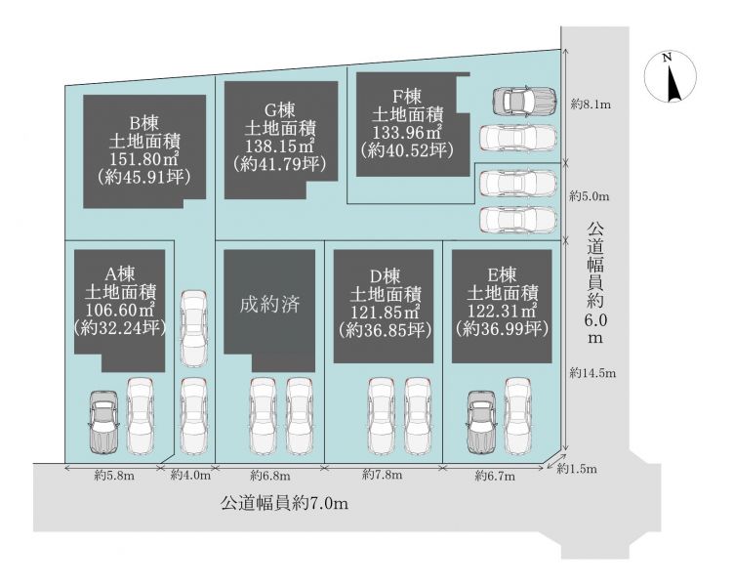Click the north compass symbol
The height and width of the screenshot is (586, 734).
(671, 76)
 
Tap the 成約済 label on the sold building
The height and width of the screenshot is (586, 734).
(269, 305)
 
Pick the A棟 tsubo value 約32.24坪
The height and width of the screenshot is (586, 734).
(120, 328)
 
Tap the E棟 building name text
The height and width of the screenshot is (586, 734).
(502, 274)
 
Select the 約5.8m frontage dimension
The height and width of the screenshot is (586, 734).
(115, 476)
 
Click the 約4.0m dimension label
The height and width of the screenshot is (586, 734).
(190, 476)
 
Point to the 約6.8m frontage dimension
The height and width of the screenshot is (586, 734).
(270, 476)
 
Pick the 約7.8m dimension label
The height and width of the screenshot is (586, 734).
(383, 475)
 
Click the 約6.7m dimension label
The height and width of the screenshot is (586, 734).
(495, 477)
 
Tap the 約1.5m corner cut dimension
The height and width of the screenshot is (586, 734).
(577, 469)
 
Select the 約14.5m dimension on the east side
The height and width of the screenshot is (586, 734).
(593, 373)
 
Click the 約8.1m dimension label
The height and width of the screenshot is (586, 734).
(591, 105)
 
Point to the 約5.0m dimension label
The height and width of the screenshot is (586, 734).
(590, 196)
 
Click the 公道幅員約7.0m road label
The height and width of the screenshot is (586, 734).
(285, 504)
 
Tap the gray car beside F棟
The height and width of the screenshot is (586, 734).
(524, 101)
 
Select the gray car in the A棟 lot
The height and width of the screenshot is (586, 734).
(103, 422)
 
